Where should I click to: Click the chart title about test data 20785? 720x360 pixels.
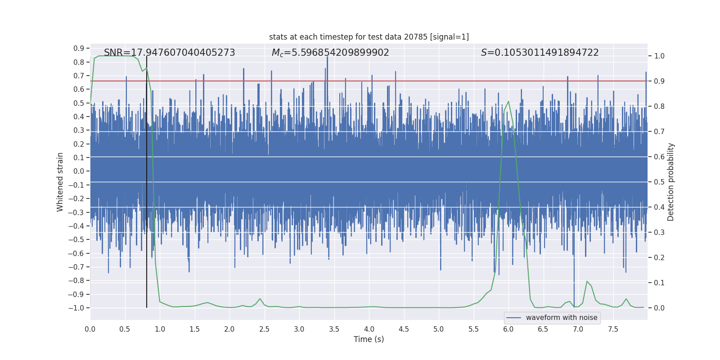click(369, 37)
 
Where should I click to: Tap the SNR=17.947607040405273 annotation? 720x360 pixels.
click(169, 53)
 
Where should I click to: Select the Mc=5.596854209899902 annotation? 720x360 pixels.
click(330, 53)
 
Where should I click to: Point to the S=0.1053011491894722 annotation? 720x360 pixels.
click(540, 53)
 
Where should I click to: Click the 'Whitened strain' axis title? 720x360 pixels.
click(60, 182)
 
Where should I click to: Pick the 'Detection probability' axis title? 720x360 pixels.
click(671, 182)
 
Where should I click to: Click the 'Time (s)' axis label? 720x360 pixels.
click(369, 339)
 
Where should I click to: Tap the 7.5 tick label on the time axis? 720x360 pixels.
click(613, 329)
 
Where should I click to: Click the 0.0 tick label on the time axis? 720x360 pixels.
click(90, 329)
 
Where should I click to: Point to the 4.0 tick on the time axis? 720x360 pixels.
click(369, 329)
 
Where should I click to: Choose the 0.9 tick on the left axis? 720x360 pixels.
click(79, 48)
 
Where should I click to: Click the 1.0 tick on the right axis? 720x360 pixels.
click(659, 56)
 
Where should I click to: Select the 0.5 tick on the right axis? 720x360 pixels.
click(659, 182)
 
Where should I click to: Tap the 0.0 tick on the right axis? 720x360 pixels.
click(659, 308)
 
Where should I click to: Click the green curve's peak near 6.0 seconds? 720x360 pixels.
click(508, 101)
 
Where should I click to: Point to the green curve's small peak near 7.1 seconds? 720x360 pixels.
click(587, 281)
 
